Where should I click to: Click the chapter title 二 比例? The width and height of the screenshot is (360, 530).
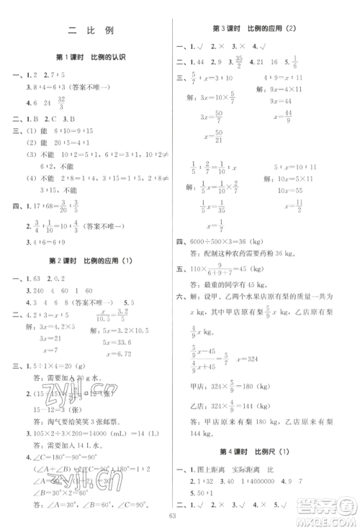pos(90,30)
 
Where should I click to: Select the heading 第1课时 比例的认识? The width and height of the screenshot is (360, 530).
pos(90,58)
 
